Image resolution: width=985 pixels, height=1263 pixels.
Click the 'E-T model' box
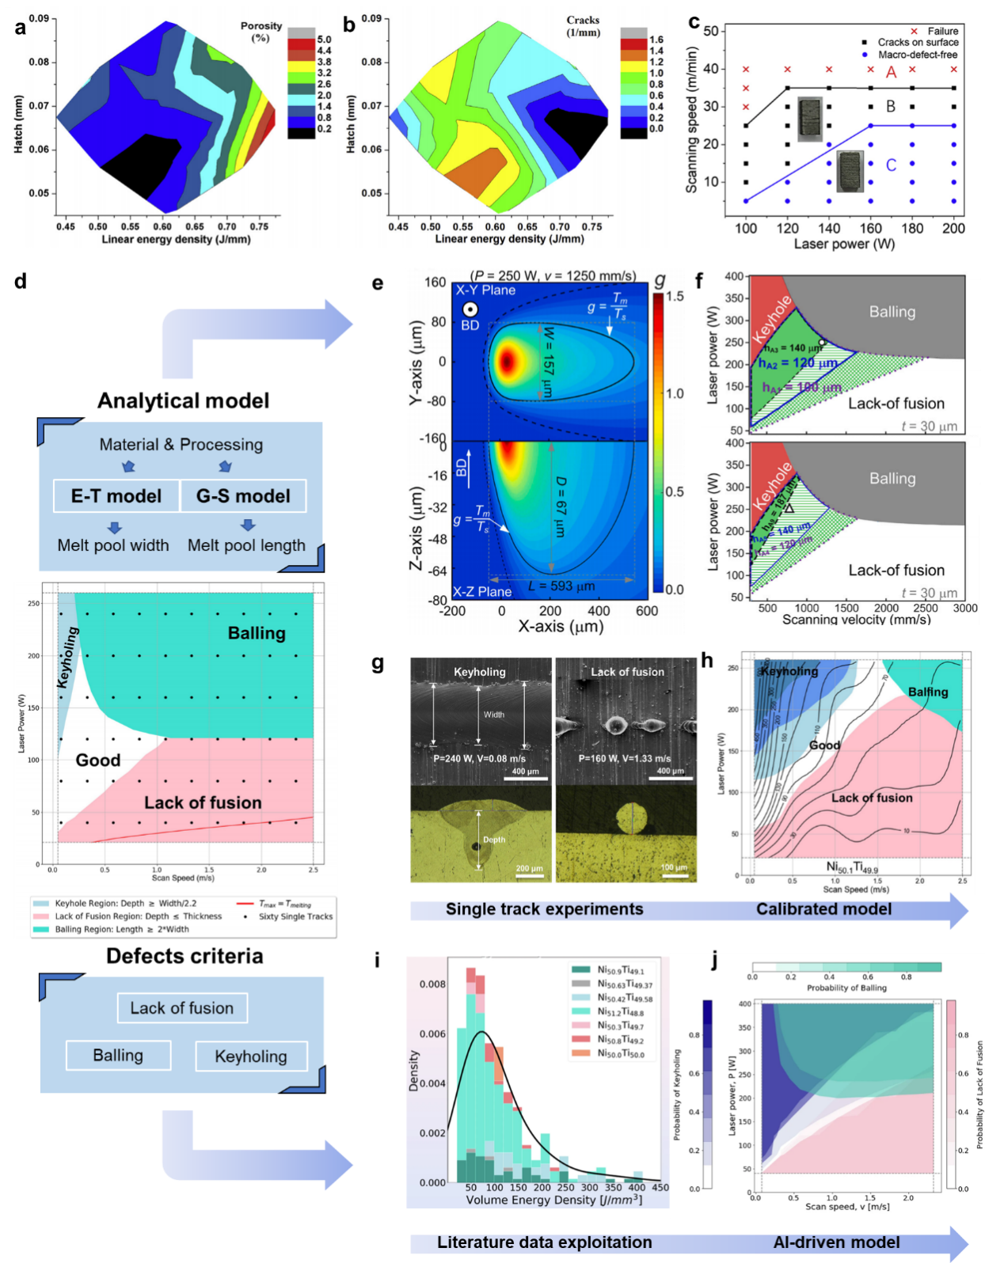(x=116, y=496)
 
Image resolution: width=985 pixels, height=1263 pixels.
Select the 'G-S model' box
(x=243, y=496)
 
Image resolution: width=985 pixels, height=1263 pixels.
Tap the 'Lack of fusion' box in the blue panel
(x=182, y=1008)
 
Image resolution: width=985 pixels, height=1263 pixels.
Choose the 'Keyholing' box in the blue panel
(x=251, y=1056)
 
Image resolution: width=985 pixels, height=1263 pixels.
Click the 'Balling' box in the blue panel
(x=118, y=1056)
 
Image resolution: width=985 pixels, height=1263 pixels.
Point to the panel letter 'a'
(x=21, y=28)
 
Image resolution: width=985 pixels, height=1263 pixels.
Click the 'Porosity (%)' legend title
(x=261, y=32)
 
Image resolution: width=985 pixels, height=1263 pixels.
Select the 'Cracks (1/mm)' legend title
(x=583, y=26)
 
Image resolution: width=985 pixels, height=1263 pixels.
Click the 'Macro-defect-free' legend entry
(x=917, y=55)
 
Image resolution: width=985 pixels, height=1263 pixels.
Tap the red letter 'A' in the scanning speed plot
(x=891, y=73)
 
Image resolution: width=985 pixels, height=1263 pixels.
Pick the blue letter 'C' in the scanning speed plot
(x=891, y=165)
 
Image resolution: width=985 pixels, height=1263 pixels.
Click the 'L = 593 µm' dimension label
(x=561, y=586)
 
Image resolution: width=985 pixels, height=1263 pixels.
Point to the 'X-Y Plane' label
(x=485, y=290)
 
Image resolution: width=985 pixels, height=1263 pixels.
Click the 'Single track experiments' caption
(x=544, y=909)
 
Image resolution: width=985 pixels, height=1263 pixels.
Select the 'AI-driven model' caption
(x=836, y=1242)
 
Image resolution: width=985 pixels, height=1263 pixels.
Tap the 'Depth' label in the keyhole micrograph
(x=494, y=840)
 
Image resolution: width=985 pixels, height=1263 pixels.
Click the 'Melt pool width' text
(x=113, y=545)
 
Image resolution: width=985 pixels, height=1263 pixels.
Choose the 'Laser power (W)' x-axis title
(x=844, y=244)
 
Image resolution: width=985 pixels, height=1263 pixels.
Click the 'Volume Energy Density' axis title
(x=553, y=1200)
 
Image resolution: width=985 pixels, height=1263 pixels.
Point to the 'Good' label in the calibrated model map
(x=824, y=745)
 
